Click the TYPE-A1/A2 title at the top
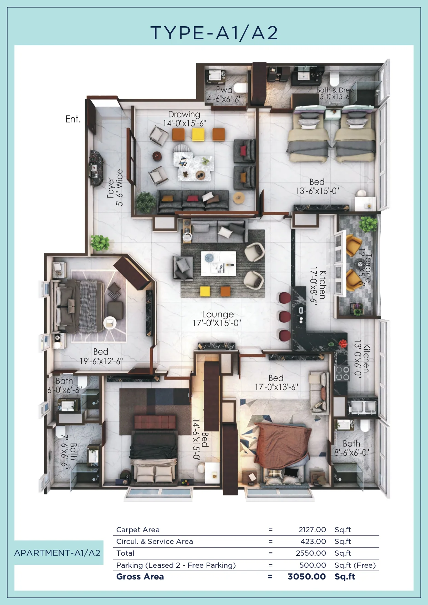pyautogui.click(x=214, y=33)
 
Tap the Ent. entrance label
pyautogui.click(x=73, y=119)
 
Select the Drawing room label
pyautogui.click(x=184, y=114)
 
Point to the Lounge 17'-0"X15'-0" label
pyautogui.click(x=217, y=319)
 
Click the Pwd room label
pyautogui.click(x=224, y=90)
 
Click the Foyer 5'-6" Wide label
pyautogui.click(x=115, y=188)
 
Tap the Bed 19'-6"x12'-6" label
pyautogui.click(x=101, y=356)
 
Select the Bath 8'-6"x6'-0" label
pyautogui.click(x=351, y=448)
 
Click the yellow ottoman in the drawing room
pyautogui.click(x=198, y=134)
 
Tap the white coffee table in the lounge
pyautogui.click(x=219, y=264)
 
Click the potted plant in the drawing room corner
pyautogui.click(x=145, y=202)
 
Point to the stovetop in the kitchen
pyautogui.click(x=342, y=373)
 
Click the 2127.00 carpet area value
pyautogui.click(x=312, y=529)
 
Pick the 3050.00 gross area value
pyautogui.click(x=307, y=576)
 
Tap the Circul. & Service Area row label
pyautogui.click(x=155, y=542)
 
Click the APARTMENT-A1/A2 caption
pyautogui.click(x=57, y=553)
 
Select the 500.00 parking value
pyautogui.click(x=313, y=565)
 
